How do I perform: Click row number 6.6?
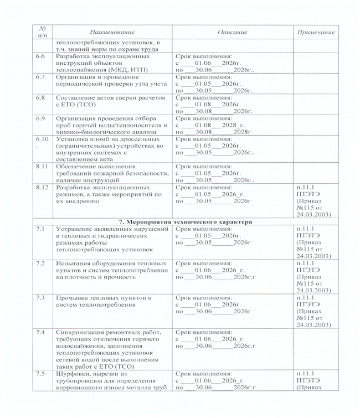40,56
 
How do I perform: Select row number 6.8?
40,97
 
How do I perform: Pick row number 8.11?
40,166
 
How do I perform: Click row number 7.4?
40,332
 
